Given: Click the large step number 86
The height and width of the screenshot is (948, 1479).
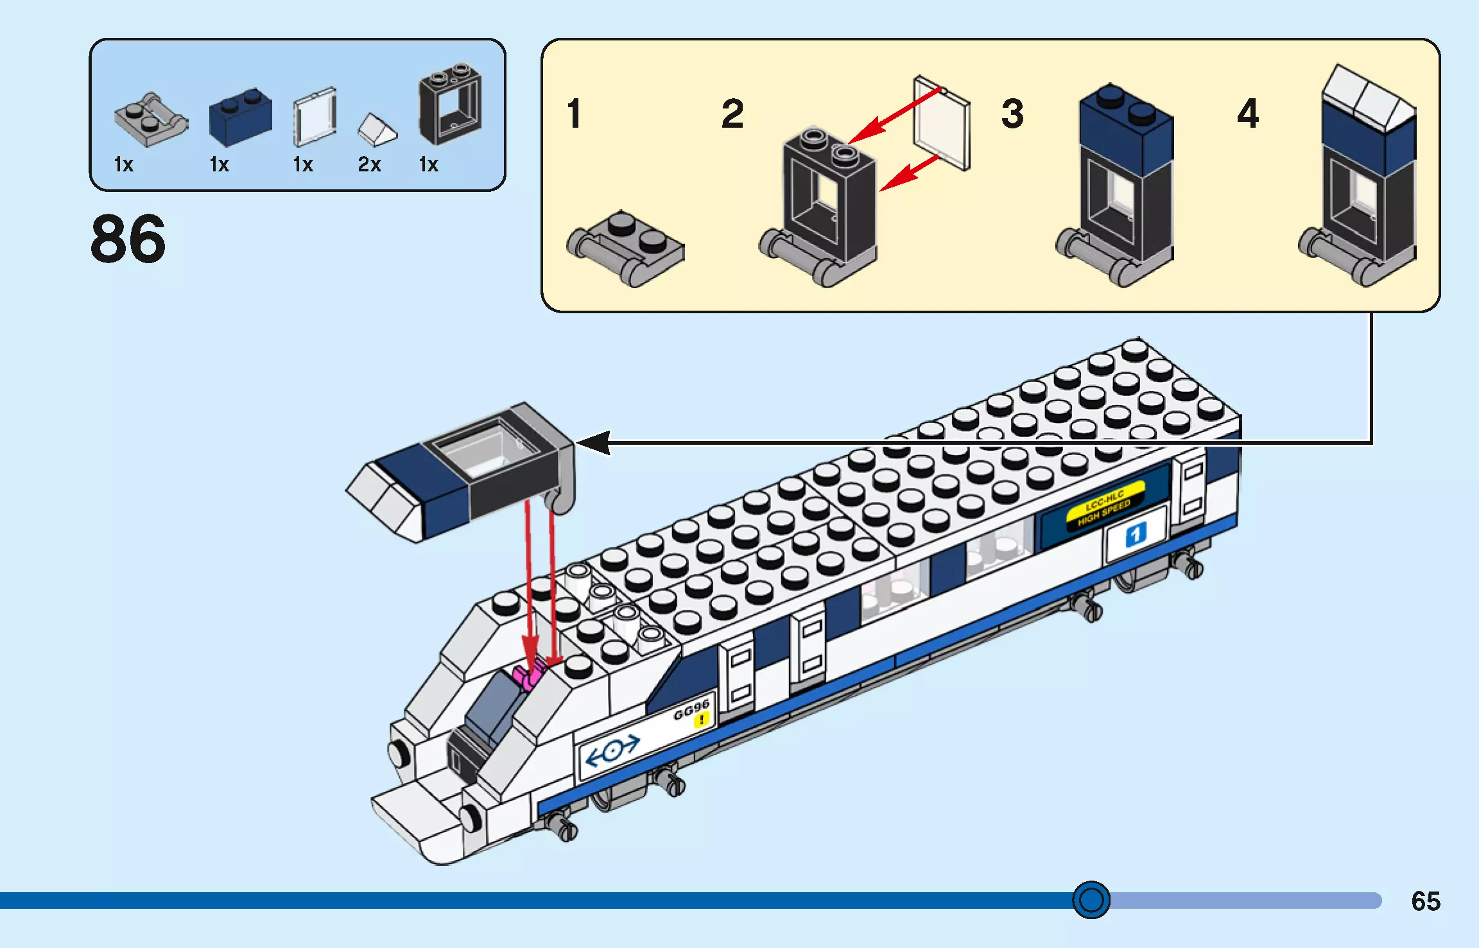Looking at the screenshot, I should click(128, 239).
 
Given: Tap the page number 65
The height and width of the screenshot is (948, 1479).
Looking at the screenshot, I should click(1425, 901).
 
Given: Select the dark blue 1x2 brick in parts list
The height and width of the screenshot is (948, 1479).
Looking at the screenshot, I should click(240, 117).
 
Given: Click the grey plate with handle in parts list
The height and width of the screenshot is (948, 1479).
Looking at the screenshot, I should click(150, 120).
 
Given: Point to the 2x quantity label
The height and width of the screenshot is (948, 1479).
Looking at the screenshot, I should click(369, 164).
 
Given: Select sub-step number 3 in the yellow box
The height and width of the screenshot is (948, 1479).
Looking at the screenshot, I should click(1012, 114).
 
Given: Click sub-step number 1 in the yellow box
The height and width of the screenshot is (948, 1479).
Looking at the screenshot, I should click(574, 114).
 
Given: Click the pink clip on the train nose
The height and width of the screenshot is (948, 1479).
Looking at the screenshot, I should click(529, 676).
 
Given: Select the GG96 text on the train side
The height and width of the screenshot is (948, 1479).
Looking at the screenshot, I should click(691, 709).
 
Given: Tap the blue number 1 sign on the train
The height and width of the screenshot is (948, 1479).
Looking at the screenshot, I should click(1135, 534).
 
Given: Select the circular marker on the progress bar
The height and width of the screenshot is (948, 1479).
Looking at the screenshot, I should click(1091, 900).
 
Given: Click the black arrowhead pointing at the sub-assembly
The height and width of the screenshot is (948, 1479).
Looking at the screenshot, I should click(594, 442).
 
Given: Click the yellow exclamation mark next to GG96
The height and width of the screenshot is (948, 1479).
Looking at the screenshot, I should click(702, 720).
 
